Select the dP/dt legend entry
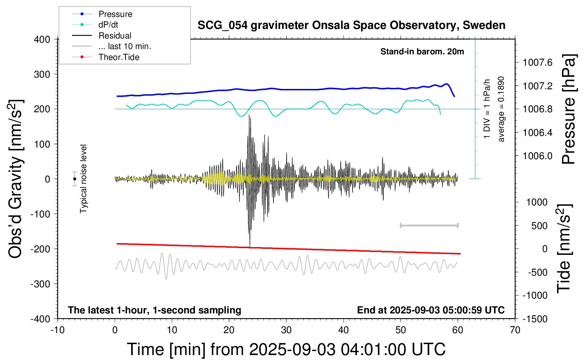[108, 25]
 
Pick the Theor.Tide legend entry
[119, 57]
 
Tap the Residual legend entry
[115, 36]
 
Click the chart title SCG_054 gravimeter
[351, 25]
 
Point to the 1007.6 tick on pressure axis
[537, 63]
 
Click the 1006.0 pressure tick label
[537, 156]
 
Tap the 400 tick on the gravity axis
[42, 40]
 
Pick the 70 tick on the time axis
[515, 330]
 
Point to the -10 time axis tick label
[58, 330]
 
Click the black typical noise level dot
[74, 179]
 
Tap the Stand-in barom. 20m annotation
[422, 52]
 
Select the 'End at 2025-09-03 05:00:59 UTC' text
[431, 310]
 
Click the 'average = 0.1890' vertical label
[501, 109]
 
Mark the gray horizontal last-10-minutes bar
[429, 226]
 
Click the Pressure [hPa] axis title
[569, 109]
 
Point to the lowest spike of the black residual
[250, 246]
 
